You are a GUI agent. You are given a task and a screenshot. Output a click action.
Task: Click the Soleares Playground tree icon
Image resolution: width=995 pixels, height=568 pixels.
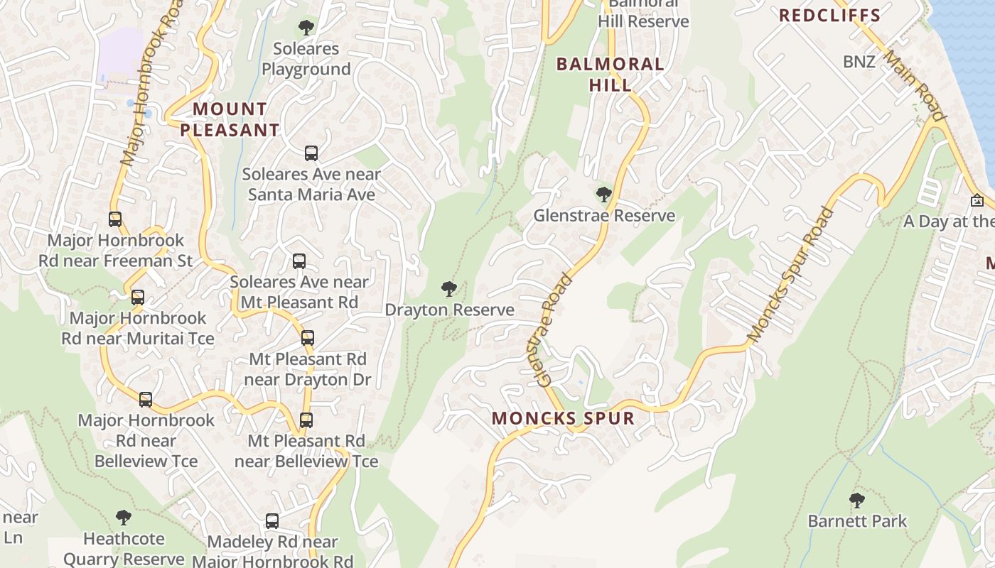(306, 28)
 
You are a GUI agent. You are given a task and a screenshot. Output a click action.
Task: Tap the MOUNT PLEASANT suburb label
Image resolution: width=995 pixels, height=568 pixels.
(230, 119)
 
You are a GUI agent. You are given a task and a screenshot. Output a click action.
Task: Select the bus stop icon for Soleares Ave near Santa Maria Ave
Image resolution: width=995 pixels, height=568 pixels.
(311, 153)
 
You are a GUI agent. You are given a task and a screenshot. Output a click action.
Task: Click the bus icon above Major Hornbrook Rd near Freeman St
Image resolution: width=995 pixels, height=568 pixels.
(115, 219)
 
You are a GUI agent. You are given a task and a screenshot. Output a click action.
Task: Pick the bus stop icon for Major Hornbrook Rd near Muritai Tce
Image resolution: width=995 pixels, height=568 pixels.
(138, 297)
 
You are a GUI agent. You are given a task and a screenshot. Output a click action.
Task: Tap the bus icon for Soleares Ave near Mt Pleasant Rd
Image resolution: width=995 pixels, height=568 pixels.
(299, 261)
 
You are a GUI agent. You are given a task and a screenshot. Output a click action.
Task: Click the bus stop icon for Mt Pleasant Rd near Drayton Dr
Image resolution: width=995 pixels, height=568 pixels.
(308, 338)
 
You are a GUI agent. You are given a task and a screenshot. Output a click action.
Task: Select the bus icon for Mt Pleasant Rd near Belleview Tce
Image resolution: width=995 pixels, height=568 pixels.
(306, 420)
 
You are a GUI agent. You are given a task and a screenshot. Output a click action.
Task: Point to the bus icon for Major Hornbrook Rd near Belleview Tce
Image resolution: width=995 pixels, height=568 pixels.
(146, 399)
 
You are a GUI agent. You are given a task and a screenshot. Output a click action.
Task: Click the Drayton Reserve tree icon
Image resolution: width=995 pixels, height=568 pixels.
(448, 288)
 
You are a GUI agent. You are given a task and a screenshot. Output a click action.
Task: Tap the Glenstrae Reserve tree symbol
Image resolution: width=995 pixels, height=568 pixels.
(603, 194)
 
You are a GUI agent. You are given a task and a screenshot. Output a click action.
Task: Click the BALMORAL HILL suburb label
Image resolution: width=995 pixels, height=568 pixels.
(610, 74)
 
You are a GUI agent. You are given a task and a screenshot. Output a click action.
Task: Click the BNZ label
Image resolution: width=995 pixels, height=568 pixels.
(859, 62)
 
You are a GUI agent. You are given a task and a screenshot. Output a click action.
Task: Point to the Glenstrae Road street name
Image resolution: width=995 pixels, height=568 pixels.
(556, 329)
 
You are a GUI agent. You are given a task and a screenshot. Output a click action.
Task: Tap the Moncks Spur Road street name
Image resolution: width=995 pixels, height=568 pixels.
(790, 274)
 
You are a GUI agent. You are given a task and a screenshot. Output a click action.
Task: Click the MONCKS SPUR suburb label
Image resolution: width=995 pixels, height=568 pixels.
(563, 417)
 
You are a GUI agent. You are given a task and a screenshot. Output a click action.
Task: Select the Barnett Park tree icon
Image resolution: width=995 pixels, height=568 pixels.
(857, 500)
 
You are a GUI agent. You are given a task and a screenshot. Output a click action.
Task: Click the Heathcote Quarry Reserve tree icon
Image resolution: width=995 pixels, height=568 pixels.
(124, 517)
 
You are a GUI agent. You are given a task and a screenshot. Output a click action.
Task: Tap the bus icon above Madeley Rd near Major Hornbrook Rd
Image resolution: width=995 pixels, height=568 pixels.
(272, 521)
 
